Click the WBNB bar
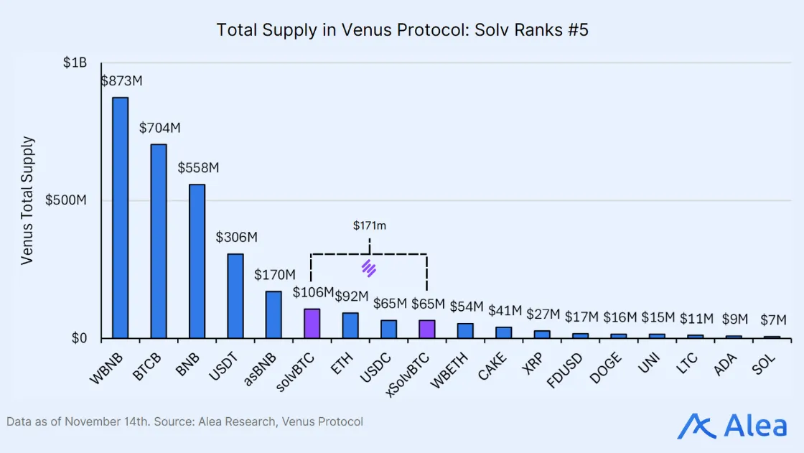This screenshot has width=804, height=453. coord(120,218)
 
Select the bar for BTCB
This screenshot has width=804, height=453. coord(158,241)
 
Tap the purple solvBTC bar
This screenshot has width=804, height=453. coord(312,324)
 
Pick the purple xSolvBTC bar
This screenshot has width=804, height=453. coord(427,330)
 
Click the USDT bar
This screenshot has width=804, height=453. coord(235,296)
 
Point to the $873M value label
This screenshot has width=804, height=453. coord(121,81)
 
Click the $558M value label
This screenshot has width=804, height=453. coord(198,168)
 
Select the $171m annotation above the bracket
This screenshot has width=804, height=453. coord(370,225)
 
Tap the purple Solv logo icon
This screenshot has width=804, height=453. coord(369,268)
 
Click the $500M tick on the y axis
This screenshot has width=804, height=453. coord(66,200)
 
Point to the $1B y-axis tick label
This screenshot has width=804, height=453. coord(75,63)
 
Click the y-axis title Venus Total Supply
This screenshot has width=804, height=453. coord(27,200)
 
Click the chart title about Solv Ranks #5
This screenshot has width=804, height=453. coord(402,30)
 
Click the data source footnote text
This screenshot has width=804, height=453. coord(185,421)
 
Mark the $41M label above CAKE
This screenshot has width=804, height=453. coord(504,311)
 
